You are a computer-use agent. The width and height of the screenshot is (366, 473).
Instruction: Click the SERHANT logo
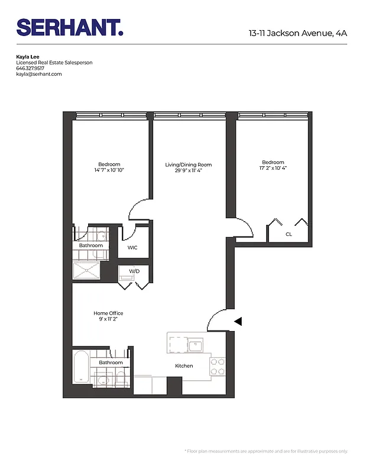(70, 27)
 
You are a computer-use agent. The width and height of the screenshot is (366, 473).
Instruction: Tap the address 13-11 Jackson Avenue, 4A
(297, 33)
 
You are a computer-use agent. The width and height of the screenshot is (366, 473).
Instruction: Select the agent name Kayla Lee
(28, 57)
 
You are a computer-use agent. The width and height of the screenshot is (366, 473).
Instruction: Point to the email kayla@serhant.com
(39, 74)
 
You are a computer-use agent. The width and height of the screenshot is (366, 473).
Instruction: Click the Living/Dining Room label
(188, 164)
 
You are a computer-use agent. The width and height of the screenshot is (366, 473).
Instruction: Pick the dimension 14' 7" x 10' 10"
(109, 170)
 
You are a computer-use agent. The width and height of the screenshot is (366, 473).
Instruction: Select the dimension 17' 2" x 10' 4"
(273, 168)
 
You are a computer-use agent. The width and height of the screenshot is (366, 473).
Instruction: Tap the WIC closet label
(132, 247)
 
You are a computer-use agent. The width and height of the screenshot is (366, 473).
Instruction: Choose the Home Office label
(108, 313)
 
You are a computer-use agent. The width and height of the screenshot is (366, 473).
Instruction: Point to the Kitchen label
(184, 366)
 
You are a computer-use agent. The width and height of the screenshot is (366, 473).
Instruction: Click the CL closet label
(289, 234)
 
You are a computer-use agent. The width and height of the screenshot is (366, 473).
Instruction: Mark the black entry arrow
(238, 322)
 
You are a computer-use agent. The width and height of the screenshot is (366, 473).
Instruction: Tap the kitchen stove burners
(218, 365)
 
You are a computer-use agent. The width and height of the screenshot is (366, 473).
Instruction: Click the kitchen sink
(195, 345)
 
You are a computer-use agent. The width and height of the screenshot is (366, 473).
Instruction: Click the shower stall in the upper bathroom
(87, 271)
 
